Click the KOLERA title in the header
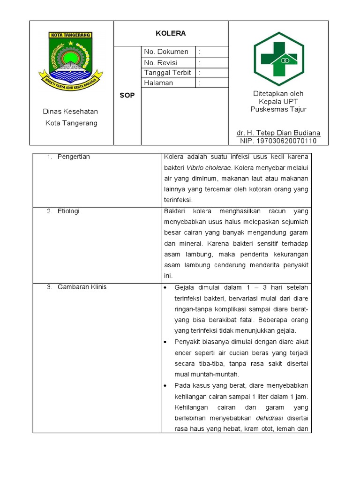point(171,33)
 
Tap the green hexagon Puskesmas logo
point(278,59)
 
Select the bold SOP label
point(127,95)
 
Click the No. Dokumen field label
point(166,52)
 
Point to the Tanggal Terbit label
point(167,73)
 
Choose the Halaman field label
point(158,83)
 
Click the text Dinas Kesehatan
point(70,112)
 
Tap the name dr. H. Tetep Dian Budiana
point(278,133)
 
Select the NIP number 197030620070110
point(278,141)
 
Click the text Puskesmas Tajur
point(278,109)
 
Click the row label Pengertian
point(74,157)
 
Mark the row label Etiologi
point(68,211)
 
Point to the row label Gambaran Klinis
point(82,287)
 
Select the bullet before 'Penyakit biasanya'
point(166,342)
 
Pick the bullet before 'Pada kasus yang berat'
point(166,386)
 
